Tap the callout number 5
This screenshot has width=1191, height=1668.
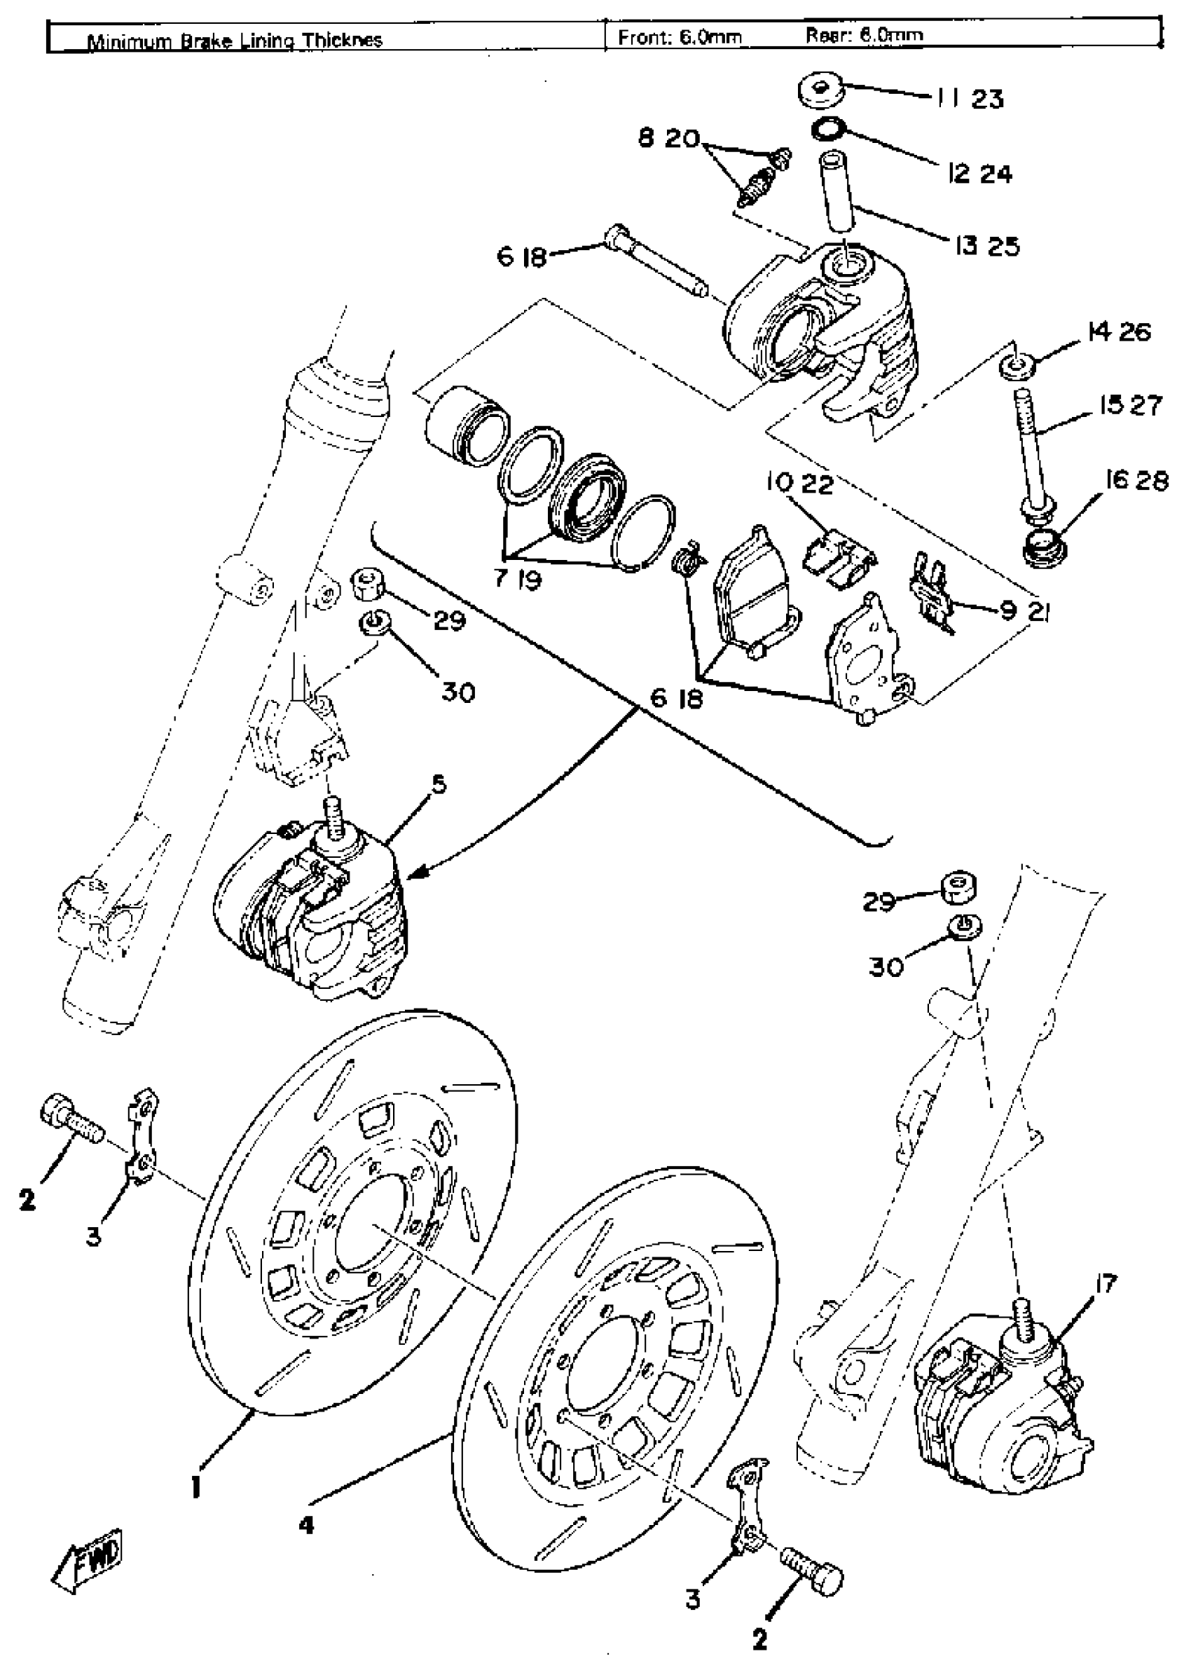click(x=438, y=785)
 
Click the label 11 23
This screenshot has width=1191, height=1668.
click(x=970, y=98)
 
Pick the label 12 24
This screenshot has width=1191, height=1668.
click(x=980, y=174)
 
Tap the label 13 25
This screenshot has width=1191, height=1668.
click(x=986, y=247)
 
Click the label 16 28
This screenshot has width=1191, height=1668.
click(x=1136, y=481)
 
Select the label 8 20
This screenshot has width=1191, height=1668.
click(x=670, y=138)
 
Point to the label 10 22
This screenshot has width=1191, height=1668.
click(x=799, y=484)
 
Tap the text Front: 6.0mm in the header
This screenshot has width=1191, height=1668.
click(x=680, y=36)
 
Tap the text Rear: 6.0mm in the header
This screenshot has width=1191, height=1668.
click(x=864, y=34)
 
